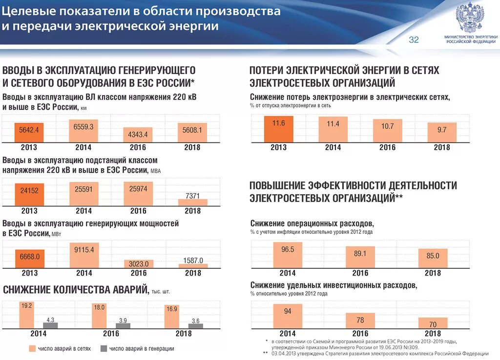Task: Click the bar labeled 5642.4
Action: pyautogui.click(x=29, y=131)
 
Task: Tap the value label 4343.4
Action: pyautogui.click(x=138, y=134)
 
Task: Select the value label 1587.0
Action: pyautogui.click(x=193, y=260)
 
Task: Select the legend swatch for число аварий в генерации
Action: pyautogui.click(x=103, y=348)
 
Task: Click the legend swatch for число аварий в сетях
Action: pyautogui.click(x=32, y=348)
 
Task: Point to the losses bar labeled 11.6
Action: pyautogui.click(x=279, y=129)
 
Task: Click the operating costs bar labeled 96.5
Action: pyautogui.click(x=288, y=255)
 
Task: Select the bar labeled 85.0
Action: pyautogui.click(x=433, y=259)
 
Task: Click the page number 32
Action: pyautogui.click(x=414, y=40)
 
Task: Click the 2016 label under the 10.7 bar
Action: pyautogui.click(x=388, y=147)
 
